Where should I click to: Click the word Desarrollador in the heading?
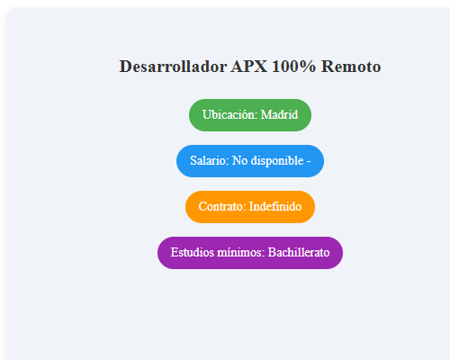173,67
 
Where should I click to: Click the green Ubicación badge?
250,115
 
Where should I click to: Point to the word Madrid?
279,115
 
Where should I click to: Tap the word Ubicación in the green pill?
229,115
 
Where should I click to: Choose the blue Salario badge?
250,161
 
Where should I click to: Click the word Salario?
209,161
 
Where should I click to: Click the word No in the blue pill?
240,161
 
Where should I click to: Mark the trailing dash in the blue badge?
309,161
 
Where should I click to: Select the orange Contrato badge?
250,207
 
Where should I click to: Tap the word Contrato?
221,207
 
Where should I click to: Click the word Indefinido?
275,207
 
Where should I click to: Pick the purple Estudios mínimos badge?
250,253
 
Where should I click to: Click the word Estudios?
192,253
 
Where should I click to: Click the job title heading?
250,67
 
